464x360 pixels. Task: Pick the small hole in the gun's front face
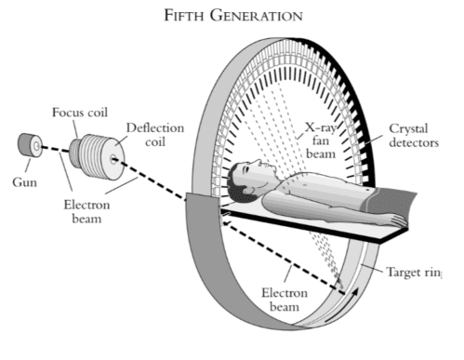33,147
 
